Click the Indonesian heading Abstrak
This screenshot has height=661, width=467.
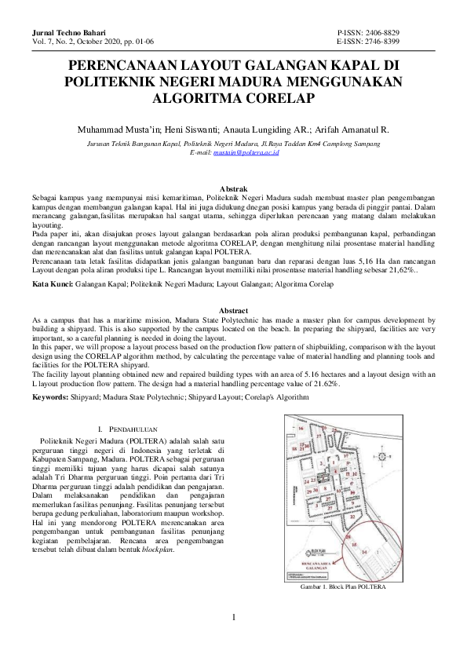[233, 189]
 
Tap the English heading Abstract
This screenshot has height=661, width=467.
[233, 310]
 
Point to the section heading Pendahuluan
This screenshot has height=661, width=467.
[135, 430]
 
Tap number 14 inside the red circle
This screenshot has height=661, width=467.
[363, 553]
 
